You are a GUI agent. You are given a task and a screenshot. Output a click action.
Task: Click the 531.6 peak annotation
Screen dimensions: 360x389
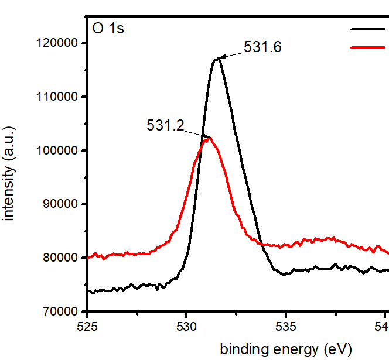263,47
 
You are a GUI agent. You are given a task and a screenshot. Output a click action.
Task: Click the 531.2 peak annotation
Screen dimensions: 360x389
165,125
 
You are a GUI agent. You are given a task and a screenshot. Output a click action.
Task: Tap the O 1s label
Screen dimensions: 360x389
108,28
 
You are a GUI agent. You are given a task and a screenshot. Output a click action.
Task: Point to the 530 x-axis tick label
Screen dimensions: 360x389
186,325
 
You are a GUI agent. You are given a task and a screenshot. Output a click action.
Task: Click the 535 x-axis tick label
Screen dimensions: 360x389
285,325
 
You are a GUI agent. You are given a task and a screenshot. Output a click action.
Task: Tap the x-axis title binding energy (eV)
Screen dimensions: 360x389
285,350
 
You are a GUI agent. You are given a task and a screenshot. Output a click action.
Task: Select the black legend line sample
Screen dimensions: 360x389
368,28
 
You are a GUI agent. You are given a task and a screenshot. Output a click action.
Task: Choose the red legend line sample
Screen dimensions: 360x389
368,47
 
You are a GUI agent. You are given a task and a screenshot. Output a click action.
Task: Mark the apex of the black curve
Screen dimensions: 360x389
218,58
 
